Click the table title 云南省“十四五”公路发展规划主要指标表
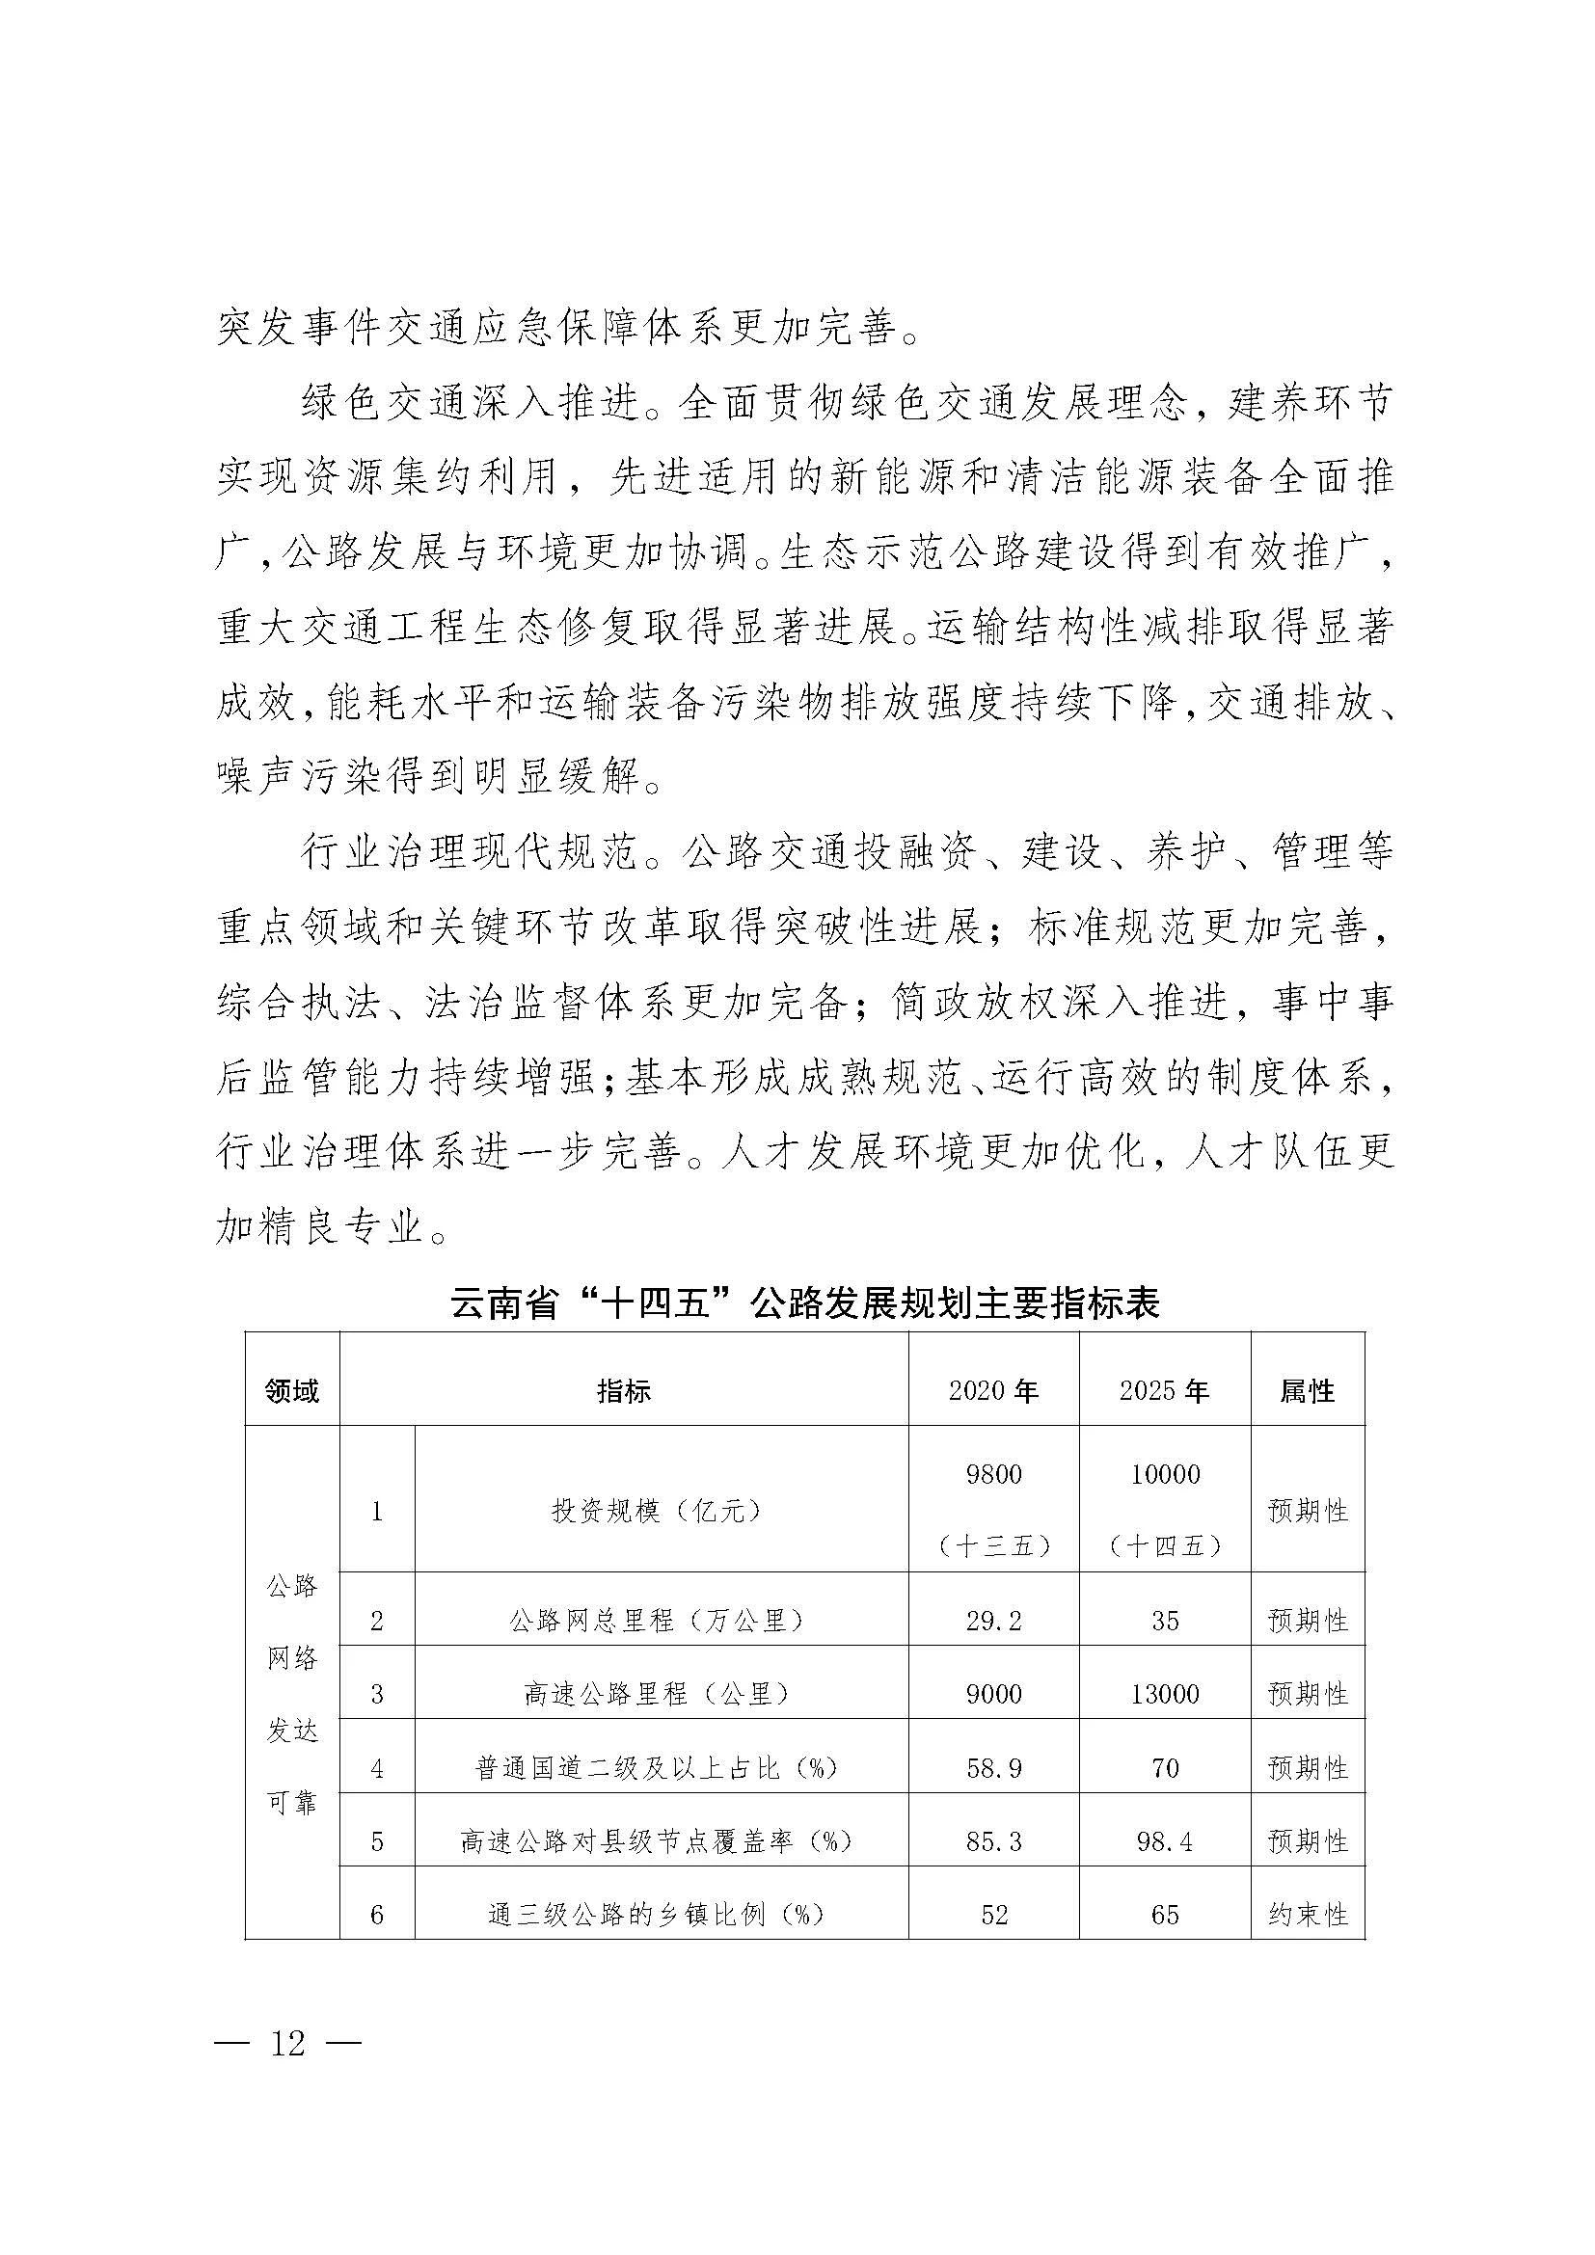804,1303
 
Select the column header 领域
291,1391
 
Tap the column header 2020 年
993,1391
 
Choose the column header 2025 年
1164,1391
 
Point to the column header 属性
1308,1391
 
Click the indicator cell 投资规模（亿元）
656,1511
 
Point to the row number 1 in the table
377,1511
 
